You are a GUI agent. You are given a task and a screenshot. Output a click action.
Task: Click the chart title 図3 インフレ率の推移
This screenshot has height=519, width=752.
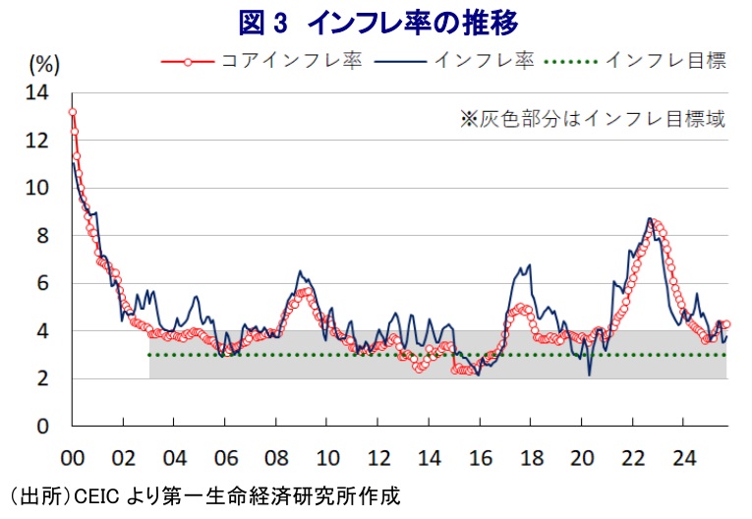tap(377, 21)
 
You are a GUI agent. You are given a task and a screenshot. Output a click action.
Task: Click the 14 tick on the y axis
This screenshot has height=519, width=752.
tap(36, 92)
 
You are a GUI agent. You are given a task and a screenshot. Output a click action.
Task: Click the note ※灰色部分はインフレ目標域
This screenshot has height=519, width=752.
tap(593, 120)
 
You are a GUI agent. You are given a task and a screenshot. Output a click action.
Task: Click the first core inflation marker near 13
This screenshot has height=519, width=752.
tap(72, 112)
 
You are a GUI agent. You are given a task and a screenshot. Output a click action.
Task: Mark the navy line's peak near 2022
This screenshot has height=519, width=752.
tap(650, 218)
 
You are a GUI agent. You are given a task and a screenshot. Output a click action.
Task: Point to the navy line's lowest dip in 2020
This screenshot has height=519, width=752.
tap(590, 375)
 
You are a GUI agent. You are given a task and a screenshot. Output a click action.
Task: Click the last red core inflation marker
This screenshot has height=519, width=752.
tap(726, 323)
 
